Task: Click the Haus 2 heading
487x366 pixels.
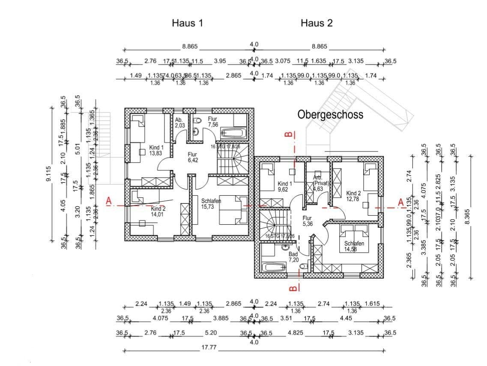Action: [x=317, y=23]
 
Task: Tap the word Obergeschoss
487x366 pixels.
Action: [x=330, y=115]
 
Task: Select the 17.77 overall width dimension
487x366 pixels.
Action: [x=209, y=348]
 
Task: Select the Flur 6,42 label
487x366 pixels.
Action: [x=191, y=157]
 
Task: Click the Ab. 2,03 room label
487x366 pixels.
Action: [x=180, y=123]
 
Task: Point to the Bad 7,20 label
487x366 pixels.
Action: [x=293, y=257]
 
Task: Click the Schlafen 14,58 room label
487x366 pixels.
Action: [x=354, y=247]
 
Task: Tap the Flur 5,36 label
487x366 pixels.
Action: [x=308, y=220]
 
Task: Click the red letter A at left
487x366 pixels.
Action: [x=109, y=201]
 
